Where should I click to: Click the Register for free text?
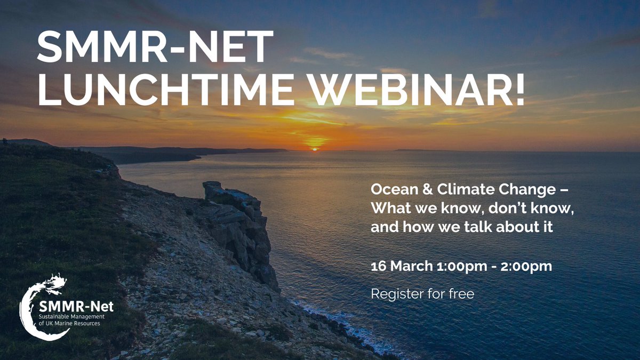(x=422, y=294)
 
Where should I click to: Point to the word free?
(x=461, y=294)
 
